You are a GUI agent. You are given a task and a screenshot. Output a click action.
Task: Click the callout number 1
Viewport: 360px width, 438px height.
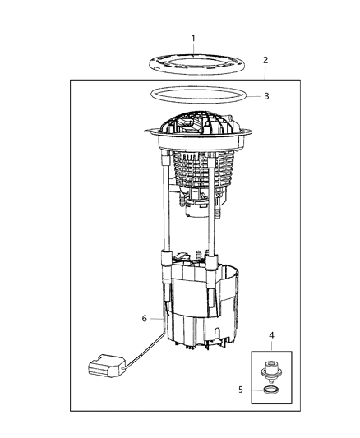pos(193,38)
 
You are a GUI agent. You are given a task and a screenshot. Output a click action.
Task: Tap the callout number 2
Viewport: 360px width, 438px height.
pos(265,60)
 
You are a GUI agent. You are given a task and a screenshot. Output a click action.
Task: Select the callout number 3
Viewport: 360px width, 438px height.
pos(265,96)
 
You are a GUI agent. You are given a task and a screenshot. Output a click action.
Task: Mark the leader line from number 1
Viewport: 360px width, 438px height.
pos(193,49)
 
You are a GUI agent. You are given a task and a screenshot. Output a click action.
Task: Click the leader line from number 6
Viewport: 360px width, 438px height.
pos(156,318)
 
